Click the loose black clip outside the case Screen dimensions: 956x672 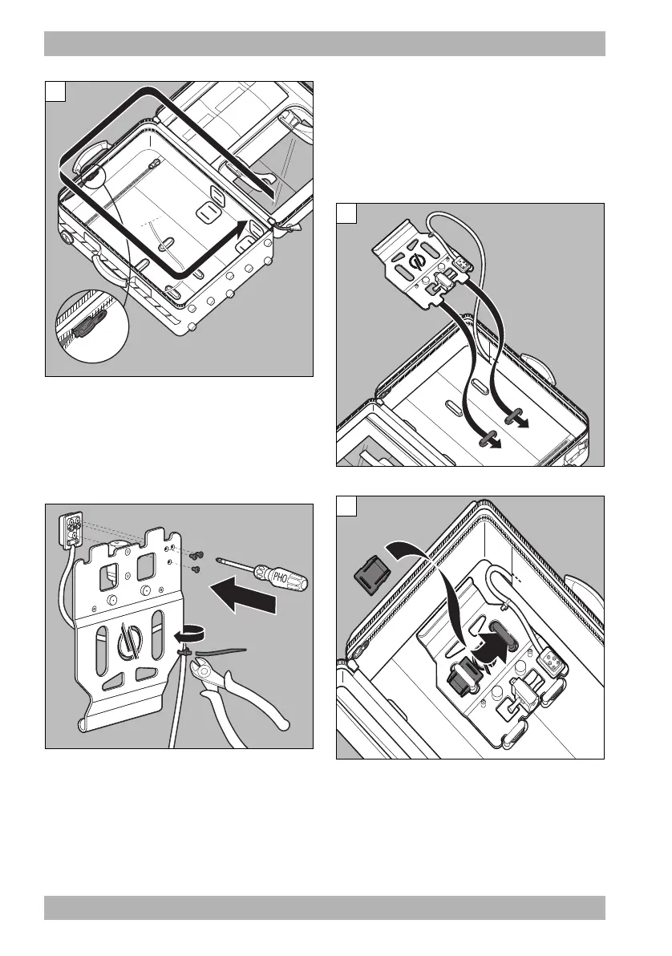pos(370,572)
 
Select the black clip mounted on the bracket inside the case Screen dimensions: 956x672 pos(460,678)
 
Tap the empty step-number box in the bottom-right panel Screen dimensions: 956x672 pos(346,507)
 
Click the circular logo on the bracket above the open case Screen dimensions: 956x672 pos(415,264)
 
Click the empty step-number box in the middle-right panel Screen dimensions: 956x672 pos(346,215)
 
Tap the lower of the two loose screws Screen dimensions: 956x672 pos(196,569)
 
